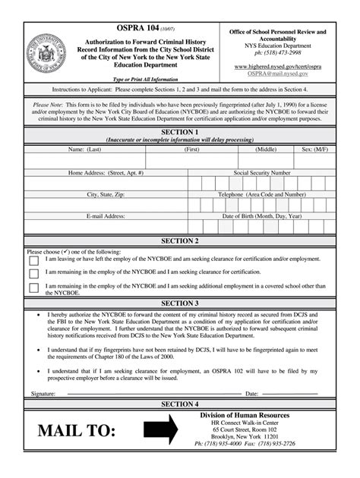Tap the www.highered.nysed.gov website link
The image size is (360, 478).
click(x=278, y=67)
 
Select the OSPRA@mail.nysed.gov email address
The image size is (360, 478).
click(x=278, y=74)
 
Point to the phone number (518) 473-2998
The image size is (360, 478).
click(x=278, y=53)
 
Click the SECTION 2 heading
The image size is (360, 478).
click(x=180, y=241)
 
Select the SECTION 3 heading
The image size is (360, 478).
click(x=180, y=303)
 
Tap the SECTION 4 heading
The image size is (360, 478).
click(x=180, y=404)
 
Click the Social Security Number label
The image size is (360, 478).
click(x=262, y=172)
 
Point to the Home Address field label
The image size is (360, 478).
click(x=106, y=172)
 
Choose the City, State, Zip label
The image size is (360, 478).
click(x=106, y=194)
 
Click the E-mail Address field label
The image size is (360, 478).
click(x=106, y=216)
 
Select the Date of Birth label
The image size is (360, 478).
click(x=262, y=216)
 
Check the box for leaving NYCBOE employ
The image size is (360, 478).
click(x=33, y=260)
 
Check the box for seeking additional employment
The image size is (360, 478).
click(x=33, y=288)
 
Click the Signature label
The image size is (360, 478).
click(x=43, y=394)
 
